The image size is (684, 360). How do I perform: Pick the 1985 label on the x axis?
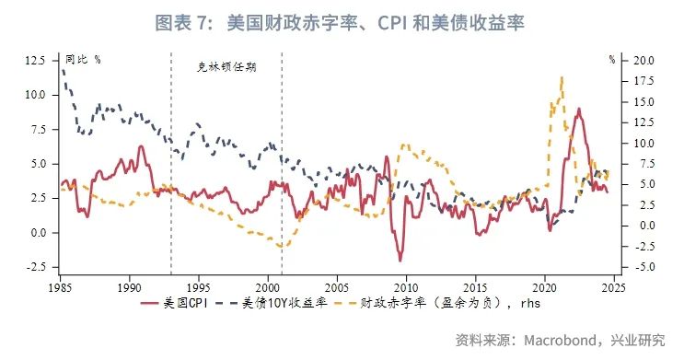tap(61, 285)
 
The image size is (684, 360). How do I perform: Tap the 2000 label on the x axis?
tap(268, 285)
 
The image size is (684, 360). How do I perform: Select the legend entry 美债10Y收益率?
tap(287, 302)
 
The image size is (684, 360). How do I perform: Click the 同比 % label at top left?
tap(84, 59)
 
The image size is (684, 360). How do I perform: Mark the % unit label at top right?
tap(611, 59)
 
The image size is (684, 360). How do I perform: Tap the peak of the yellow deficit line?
tap(562, 78)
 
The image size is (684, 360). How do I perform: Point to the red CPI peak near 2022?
tap(578, 109)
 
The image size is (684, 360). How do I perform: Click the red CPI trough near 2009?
tap(400, 261)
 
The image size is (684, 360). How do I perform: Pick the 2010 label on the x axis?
tap(406, 285)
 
